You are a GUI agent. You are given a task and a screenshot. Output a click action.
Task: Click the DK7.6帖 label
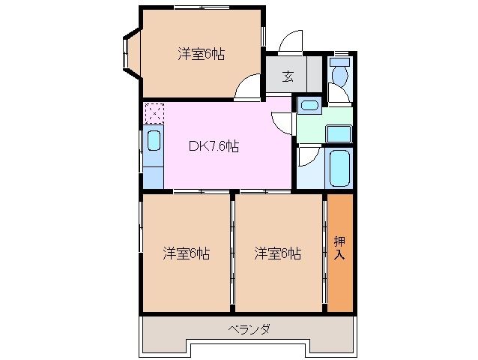point(213,147)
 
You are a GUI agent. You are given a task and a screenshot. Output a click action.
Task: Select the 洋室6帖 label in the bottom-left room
point(186,253)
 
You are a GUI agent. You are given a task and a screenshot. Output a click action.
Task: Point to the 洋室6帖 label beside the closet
point(277,253)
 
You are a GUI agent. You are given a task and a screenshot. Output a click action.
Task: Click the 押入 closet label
point(339,248)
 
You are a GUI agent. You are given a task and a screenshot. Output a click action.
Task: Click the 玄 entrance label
point(288,76)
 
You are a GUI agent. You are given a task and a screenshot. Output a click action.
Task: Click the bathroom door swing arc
point(307,155)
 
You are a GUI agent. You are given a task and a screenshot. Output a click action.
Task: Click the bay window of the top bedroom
point(127,53)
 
